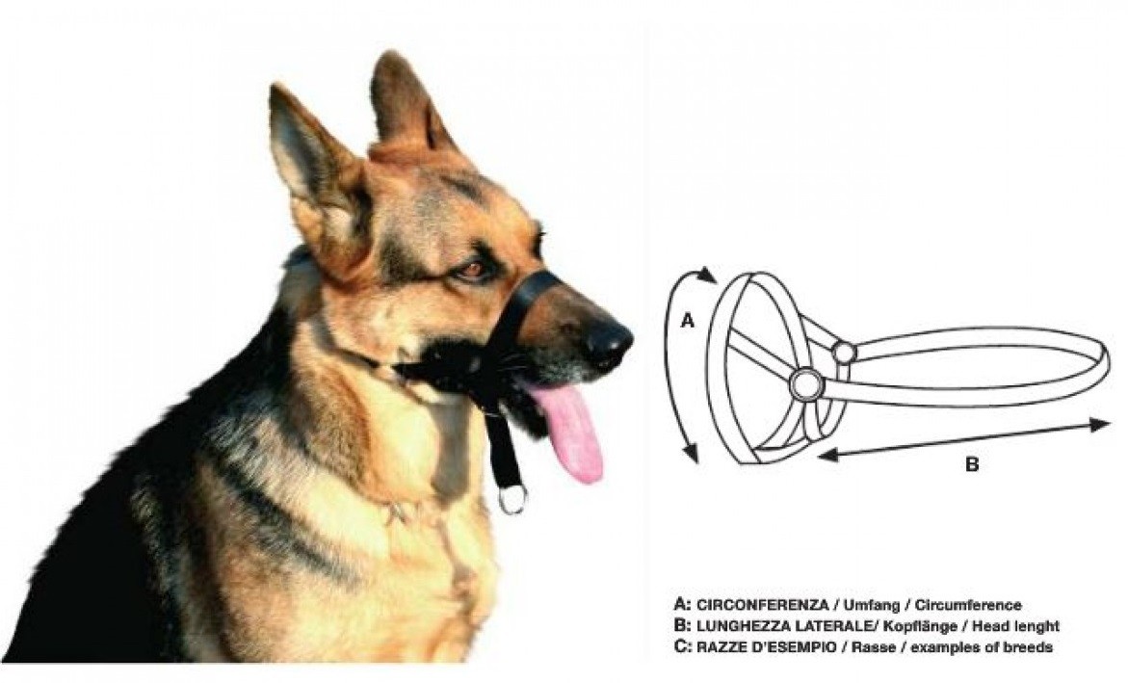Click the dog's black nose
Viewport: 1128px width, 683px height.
pyautogui.click(x=608, y=343)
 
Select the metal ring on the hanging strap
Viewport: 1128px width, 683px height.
pyautogui.click(x=512, y=499)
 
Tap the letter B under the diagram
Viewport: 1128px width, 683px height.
pyautogui.click(x=971, y=464)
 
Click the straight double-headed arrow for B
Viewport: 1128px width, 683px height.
pyautogui.click(x=964, y=440)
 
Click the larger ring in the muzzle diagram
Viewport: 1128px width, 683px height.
pyautogui.click(x=804, y=384)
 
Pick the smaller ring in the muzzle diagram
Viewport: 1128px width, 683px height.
pyautogui.click(x=843, y=353)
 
